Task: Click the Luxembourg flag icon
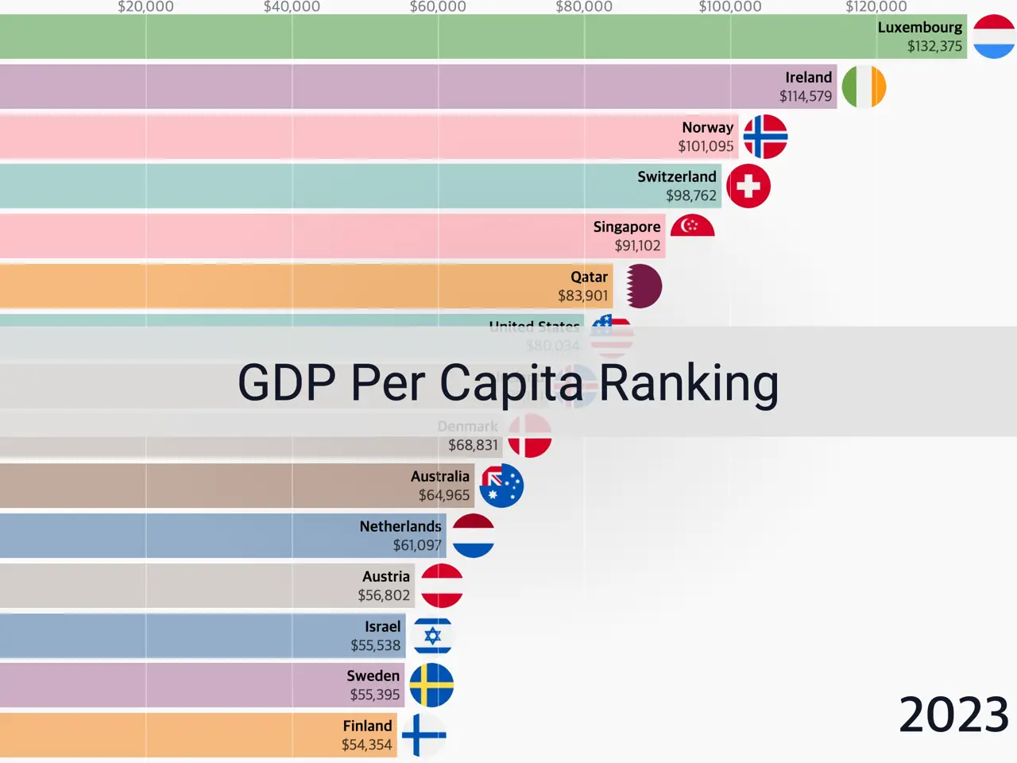(x=994, y=37)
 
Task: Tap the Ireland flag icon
(x=864, y=87)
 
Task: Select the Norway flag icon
(x=765, y=137)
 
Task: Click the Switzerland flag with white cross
(x=748, y=186)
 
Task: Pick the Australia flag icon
(x=501, y=486)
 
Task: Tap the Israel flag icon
(x=432, y=636)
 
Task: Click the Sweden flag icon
(x=431, y=685)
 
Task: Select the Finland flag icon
(x=423, y=735)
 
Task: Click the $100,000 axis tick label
(x=729, y=7)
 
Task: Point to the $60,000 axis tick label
(x=438, y=7)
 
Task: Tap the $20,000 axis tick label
(x=145, y=7)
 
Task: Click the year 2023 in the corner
(x=953, y=715)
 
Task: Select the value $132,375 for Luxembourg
(x=934, y=46)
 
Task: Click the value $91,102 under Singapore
(x=637, y=246)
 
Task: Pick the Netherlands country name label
(x=400, y=526)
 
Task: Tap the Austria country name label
(x=386, y=576)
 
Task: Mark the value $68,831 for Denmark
(x=473, y=445)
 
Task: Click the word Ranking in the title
(x=688, y=383)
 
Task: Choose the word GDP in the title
(x=287, y=383)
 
